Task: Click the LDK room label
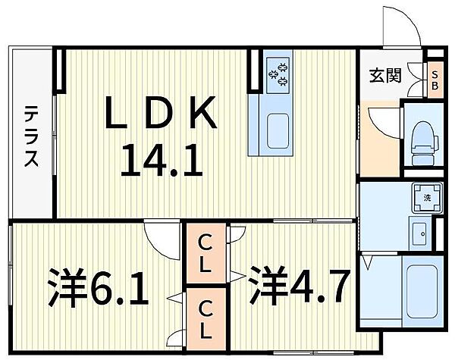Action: click(161, 112)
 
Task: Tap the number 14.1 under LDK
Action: click(162, 161)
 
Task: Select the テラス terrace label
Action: click(31, 136)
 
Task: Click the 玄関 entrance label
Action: click(385, 76)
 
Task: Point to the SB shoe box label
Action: click(435, 80)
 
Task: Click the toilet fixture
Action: click(424, 144)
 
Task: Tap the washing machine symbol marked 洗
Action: click(427, 199)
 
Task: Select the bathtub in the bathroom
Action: click(422, 292)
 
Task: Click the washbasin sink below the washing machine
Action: click(420, 233)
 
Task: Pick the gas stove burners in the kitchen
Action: click(279, 75)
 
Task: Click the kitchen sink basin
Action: click(278, 131)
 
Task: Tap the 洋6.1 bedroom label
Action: click(98, 288)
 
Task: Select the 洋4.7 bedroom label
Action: click(299, 286)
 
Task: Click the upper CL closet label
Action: click(206, 254)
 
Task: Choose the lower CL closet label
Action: click(206, 320)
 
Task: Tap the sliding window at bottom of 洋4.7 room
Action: click(313, 352)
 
